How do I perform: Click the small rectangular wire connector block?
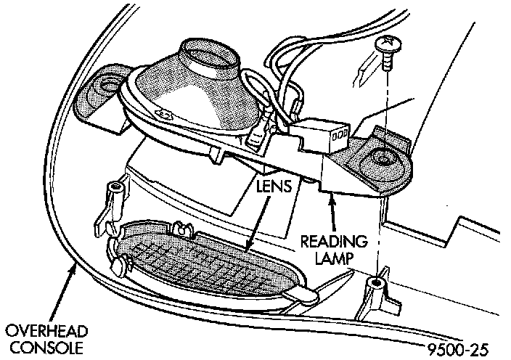[x=319, y=134]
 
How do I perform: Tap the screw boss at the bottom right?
[x=377, y=286]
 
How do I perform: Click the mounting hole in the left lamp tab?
[x=109, y=86]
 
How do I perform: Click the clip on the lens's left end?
[x=116, y=250]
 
